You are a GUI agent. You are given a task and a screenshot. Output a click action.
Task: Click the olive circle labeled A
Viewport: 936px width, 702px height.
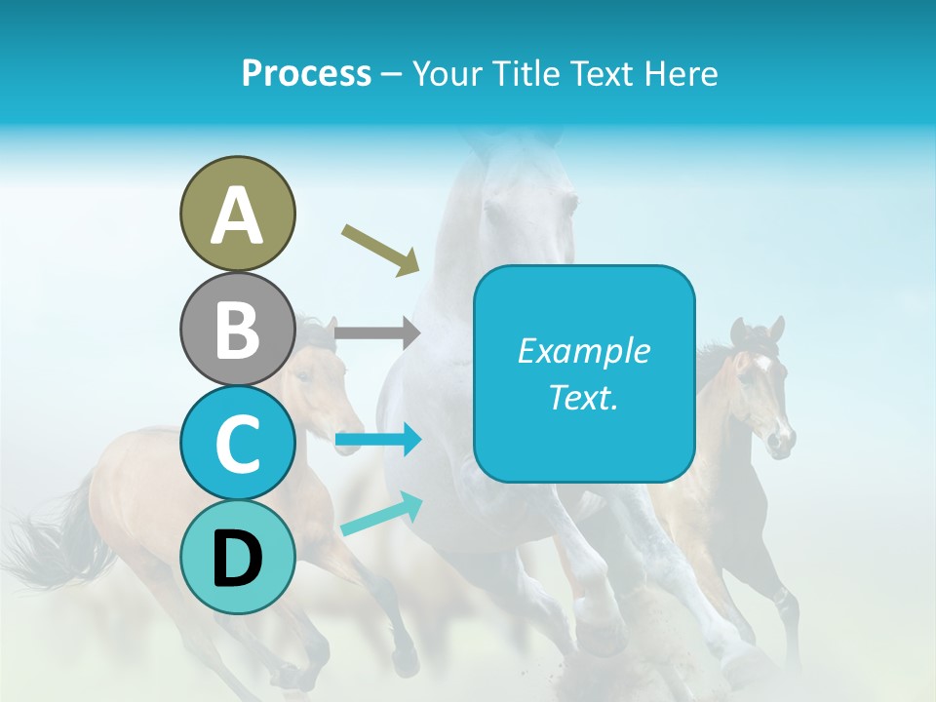[x=237, y=214]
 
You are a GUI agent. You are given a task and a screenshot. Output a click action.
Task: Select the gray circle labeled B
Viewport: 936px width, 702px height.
[x=237, y=329]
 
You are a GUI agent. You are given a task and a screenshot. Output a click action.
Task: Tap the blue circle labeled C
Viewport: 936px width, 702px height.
[x=237, y=443]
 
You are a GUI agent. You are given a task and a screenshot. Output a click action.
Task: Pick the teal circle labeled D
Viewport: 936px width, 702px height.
[x=237, y=557]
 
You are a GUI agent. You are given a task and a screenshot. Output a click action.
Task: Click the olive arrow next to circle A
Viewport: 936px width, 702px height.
[x=380, y=249]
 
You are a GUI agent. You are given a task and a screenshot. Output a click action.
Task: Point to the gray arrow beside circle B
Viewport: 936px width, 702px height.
[x=376, y=333]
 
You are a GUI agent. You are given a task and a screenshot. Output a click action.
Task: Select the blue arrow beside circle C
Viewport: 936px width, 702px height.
[x=377, y=441]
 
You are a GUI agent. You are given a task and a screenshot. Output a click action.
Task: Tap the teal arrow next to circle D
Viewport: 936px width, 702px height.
[x=381, y=514]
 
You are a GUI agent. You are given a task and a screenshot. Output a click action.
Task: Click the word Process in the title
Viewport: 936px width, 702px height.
[x=306, y=74]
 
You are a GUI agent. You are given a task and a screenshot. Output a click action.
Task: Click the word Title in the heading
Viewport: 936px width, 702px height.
[x=523, y=74]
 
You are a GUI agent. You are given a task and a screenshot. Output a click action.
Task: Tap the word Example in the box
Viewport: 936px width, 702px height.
[x=583, y=351]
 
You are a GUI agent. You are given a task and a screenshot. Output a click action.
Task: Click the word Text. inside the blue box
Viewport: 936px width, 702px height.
[x=583, y=397]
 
